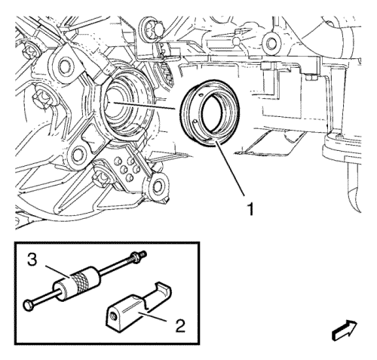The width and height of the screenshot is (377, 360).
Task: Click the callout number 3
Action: point(32,260)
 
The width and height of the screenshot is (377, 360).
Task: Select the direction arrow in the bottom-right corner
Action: point(345,330)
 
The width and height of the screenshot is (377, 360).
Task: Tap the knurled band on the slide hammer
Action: point(80,282)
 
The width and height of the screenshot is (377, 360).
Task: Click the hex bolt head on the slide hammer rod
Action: point(28,306)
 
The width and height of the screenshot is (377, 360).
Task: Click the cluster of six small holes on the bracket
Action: point(127,168)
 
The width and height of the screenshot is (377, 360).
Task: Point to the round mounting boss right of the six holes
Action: point(158,186)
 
